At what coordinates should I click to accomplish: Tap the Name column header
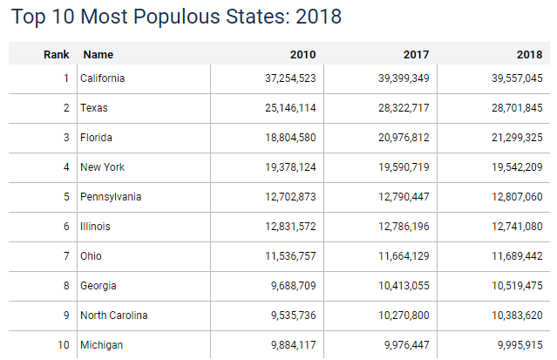(98, 54)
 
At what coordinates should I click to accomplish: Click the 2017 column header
(416, 54)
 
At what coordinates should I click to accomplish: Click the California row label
(103, 78)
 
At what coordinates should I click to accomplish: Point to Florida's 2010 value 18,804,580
(284, 138)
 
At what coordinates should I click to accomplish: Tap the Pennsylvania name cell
(111, 197)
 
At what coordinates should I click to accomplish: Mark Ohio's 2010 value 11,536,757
(284, 256)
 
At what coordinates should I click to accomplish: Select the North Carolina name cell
(114, 316)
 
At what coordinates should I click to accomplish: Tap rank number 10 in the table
(63, 345)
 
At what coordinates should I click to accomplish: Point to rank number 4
(65, 167)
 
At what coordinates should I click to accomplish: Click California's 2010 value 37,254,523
(284, 78)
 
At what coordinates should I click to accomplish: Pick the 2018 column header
(529, 54)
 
